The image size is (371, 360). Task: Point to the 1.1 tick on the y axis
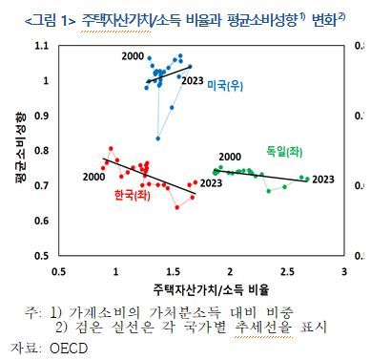coord(40,46)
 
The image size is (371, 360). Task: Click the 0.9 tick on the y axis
coord(40,116)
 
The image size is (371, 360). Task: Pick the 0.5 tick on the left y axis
coord(40,255)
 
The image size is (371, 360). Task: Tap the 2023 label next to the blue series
coord(194,80)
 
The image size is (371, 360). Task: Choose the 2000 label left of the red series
coord(93,176)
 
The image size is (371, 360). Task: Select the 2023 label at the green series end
coord(323,178)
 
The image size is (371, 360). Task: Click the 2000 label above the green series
coord(229,157)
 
